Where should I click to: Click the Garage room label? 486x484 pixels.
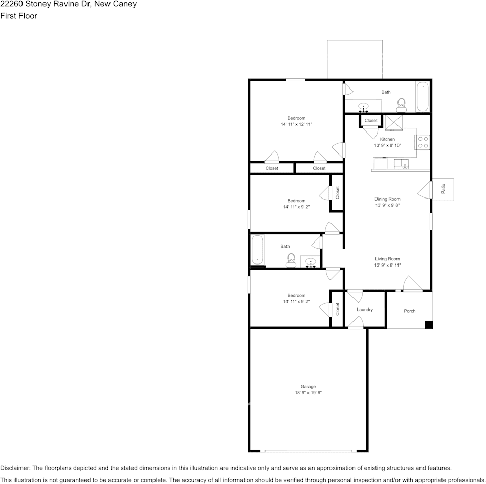click(x=308, y=386)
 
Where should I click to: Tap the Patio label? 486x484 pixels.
click(x=443, y=189)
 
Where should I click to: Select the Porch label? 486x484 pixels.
click(x=410, y=311)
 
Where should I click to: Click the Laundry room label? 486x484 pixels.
click(x=365, y=310)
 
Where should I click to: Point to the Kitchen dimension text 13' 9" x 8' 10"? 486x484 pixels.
click(x=387, y=146)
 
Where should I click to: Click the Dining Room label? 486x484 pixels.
click(x=387, y=199)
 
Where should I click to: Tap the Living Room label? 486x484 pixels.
click(x=387, y=259)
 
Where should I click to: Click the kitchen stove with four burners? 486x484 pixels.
click(x=423, y=142)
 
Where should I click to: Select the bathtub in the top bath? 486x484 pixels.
click(x=423, y=96)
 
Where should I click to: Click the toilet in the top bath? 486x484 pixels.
click(x=402, y=105)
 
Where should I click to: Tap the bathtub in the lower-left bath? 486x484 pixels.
click(x=257, y=250)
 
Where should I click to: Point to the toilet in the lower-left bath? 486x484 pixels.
click(x=291, y=260)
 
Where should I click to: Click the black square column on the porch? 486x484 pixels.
click(x=429, y=325)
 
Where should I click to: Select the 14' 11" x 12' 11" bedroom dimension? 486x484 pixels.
click(x=296, y=124)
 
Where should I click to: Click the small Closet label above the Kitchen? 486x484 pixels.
click(x=371, y=121)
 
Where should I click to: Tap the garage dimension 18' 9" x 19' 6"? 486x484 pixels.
click(x=308, y=393)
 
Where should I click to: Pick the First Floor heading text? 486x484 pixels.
click(x=18, y=16)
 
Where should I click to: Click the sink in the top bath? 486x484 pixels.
click(x=364, y=107)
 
